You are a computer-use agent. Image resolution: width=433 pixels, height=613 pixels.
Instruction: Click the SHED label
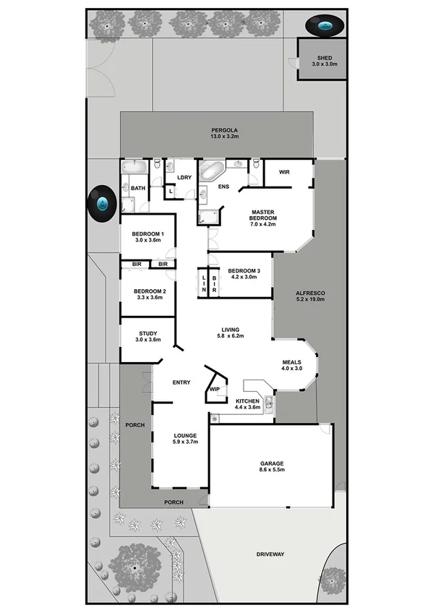click(325, 58)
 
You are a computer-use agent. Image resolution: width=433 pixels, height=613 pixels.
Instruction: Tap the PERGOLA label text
click(224, 130)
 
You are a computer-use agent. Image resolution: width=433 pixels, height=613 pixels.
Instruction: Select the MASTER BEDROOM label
click(262, 213)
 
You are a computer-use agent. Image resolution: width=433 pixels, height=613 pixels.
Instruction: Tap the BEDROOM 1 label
click(147, 234)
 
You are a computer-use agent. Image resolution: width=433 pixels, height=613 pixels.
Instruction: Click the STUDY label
click(147, 333)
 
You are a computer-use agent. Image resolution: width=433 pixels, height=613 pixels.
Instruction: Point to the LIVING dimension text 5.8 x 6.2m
click(231, 336)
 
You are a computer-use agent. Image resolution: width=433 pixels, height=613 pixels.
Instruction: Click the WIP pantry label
click(214, 389)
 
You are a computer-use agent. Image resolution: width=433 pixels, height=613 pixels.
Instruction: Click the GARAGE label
click(273, 463)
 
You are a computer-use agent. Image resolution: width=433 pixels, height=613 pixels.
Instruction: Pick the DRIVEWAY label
click(270, 554)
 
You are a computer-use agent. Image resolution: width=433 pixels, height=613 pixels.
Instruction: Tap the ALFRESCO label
click(311, 293)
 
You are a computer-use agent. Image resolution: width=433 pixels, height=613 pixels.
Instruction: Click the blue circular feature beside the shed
click(324, 27)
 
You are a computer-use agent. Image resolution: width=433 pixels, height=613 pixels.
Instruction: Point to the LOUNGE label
click(186, 435)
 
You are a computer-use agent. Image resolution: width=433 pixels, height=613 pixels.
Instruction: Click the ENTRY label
click(181, 382)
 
